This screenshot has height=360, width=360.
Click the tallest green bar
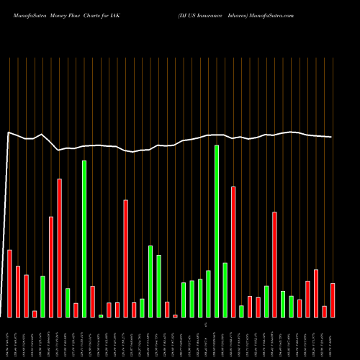[217, 231]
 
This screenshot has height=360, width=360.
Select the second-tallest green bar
[84, 238]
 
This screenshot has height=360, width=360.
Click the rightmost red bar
[333, 300]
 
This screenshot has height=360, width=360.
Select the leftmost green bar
[42, 296]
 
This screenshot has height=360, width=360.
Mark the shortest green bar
[101, 315]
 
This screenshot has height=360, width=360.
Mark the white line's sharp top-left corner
[9, 132]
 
